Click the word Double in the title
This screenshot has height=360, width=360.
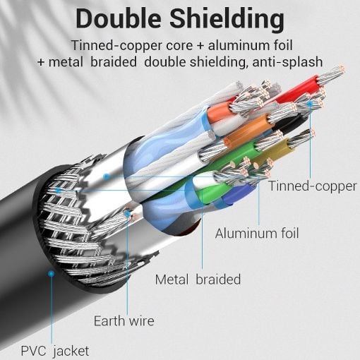[119, 18]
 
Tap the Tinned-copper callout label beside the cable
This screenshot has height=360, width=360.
[313, 186]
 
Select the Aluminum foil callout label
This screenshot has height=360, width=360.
[257, 234]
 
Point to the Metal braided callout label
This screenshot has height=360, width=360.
[198, 280]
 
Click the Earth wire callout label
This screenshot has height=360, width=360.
[124, 320]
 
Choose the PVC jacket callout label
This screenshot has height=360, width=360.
[55, 351]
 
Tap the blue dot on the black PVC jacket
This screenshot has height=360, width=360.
[51, 273]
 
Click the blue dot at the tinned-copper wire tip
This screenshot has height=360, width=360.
[311, 103]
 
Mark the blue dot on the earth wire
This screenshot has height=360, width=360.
[127, 214]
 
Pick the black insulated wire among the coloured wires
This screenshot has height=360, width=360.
[291, 123]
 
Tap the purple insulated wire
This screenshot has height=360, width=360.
[238, 193]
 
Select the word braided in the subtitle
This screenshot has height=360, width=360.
[114, 62]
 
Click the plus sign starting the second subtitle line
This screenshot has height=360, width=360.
[41, 63]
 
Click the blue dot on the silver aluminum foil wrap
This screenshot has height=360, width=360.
[107, 176]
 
